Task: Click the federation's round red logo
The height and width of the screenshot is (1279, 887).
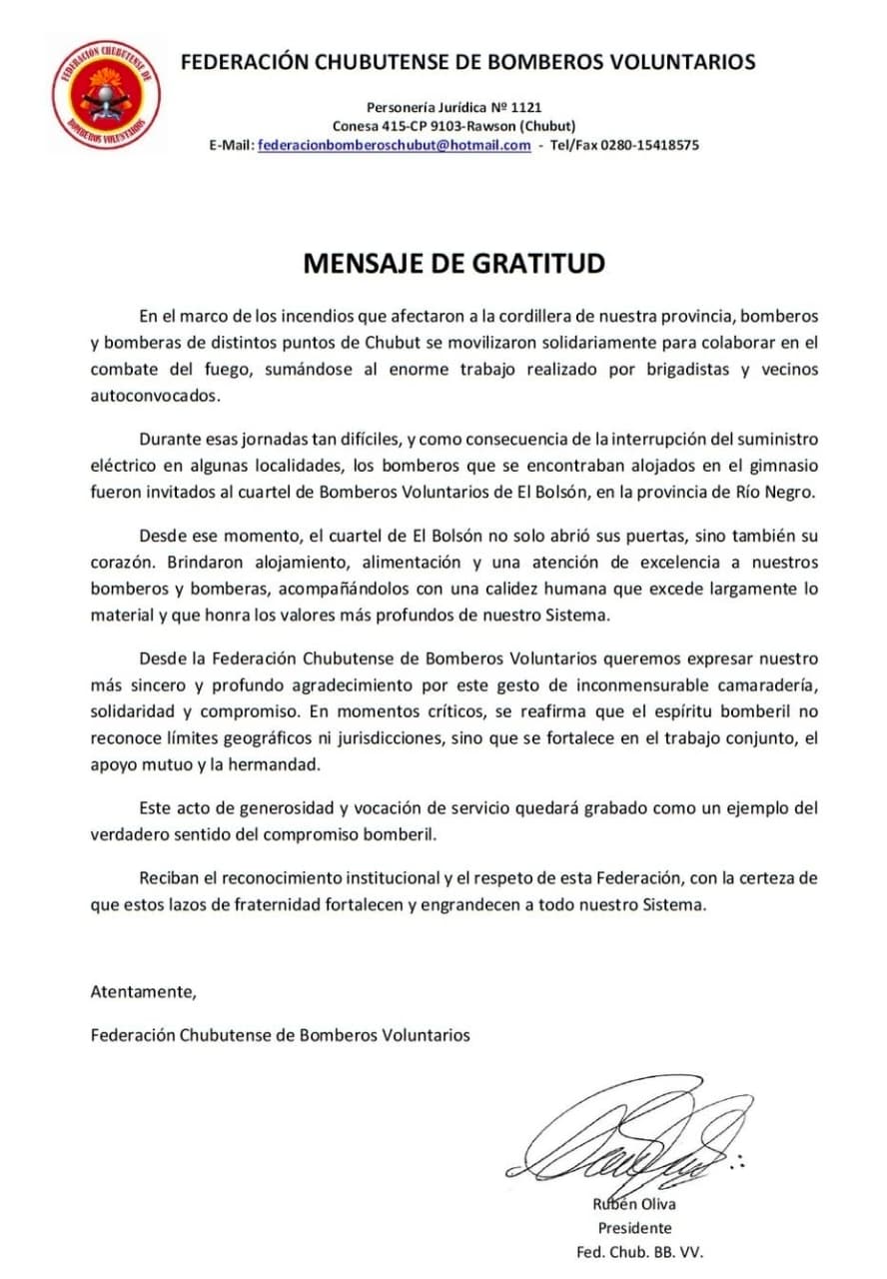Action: pos(106,95)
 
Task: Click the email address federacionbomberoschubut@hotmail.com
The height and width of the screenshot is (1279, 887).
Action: pos(394,145)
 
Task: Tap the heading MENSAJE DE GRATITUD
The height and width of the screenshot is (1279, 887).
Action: pos(454,264)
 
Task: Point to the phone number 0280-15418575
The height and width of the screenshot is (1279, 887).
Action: pos(650,145)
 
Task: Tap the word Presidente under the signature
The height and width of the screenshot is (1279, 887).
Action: pos(634,1228)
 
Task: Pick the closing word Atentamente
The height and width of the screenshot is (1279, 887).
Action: pos(144,992)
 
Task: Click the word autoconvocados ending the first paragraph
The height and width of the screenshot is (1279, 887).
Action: pos(153,395)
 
